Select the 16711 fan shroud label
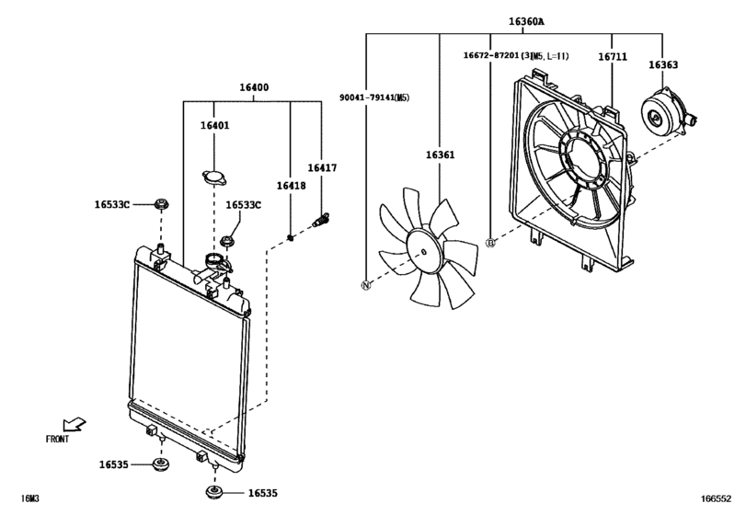pos(613,56)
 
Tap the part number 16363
pos(663,65)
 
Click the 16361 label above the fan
pos(440,155)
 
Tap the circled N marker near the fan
pos(366,285)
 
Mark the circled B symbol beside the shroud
pos(490,242)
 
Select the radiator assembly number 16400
pos(254,87)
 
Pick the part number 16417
pos(321,168)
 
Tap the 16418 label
pos(292,187)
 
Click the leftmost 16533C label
pos(112,205)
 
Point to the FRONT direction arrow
pos(76,423)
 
